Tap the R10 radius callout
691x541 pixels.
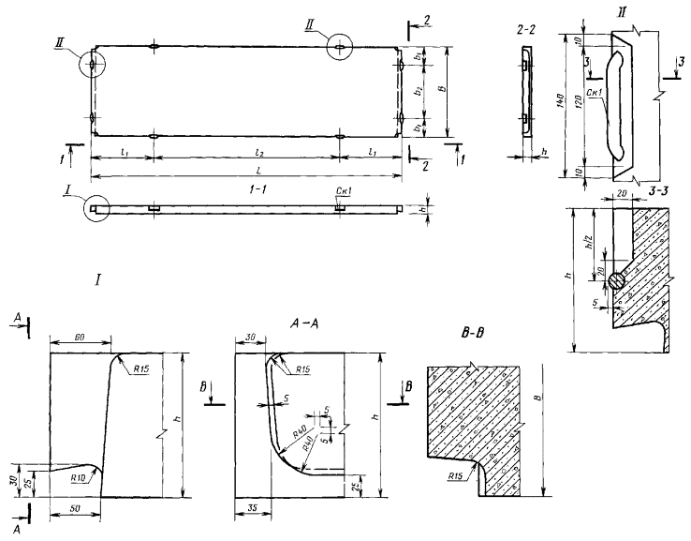[x=81, y=476]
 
